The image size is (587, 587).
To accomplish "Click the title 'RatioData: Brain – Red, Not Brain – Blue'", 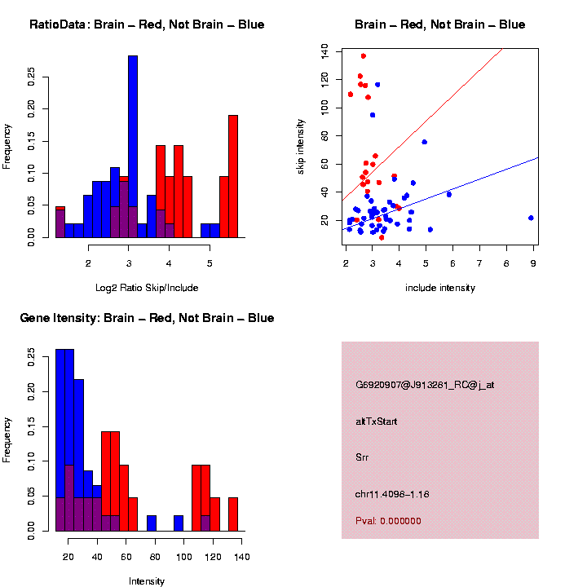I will [x=147, y=24].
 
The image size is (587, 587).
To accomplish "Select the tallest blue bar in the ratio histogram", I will [x=133, y=147].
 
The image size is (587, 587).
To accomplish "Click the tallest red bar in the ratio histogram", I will [x=233, y=175].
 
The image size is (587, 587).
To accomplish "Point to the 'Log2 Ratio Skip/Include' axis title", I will [x=147, y=287].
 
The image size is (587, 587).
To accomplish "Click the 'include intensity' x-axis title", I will [x=440, y=287].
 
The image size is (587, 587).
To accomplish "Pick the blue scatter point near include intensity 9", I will [x=531, y=218].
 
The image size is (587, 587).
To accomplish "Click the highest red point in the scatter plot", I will [x=364, y=56].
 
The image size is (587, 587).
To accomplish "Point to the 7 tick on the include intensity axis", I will [x=479, y=263].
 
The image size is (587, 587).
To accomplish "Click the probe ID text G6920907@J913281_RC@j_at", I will [x=425, y=384].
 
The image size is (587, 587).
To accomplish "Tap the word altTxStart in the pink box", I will [x=376, y=421].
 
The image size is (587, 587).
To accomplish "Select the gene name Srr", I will [x=362, y=457].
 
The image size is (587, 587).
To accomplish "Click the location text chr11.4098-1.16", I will [x=392, y=494].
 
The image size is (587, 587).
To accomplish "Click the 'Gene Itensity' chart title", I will [x=147, y=318].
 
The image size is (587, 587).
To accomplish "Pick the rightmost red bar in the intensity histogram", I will [x=233, y=514].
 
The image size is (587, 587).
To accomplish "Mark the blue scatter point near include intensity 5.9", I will [x=449, y=194].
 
